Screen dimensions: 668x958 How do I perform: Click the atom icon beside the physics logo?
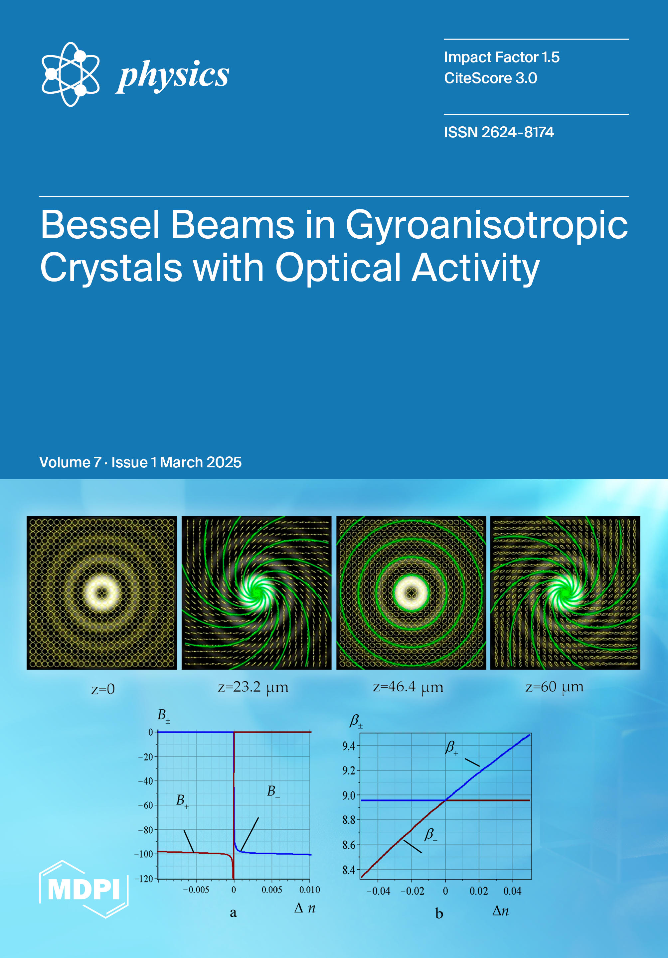[x=71, y=74]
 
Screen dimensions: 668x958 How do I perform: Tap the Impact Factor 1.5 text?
[x=501, y=57]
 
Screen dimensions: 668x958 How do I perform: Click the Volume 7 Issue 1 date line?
[x=140, y=462]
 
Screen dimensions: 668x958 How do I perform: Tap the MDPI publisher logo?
[x=84, y=889]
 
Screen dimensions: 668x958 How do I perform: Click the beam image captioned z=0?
[x=102, y=593]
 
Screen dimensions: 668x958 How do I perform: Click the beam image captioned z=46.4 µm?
[x=411, y=593]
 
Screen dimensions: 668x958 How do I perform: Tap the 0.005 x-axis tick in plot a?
[x=272, y=890]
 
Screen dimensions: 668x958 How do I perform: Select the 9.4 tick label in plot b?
[x=349, y=746]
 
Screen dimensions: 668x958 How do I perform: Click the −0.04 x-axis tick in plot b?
[x=378, y=892]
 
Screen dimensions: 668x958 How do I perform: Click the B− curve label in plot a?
[x=273, y=791]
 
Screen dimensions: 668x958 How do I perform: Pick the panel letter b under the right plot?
[x=439, y=914]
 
